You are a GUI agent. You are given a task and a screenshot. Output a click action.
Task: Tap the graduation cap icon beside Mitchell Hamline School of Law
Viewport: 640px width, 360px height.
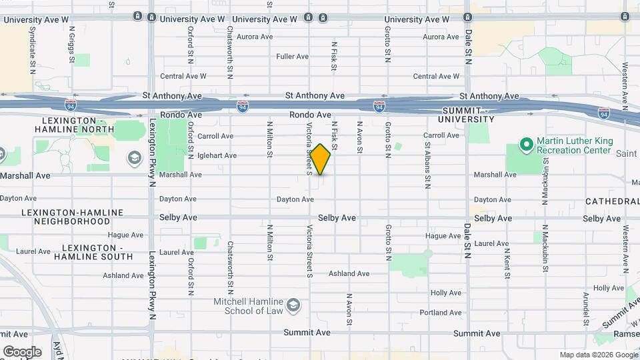click(292, 306)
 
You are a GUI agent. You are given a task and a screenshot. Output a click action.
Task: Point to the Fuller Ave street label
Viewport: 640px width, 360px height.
click(292, 57)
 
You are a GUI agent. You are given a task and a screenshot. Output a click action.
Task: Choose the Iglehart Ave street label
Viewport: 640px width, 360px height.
click(217, 155)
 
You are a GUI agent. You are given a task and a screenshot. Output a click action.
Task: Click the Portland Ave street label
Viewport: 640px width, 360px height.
click(441, 312)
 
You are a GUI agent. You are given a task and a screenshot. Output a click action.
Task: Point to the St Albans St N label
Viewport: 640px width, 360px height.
click(427, 163)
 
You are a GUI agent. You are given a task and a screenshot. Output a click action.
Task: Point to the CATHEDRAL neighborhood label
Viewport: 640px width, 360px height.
click(612, 201)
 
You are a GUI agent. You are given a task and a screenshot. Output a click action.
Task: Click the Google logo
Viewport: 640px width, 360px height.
click(22, 351)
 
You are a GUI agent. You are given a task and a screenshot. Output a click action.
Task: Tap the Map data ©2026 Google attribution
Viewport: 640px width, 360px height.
click(598, 355)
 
